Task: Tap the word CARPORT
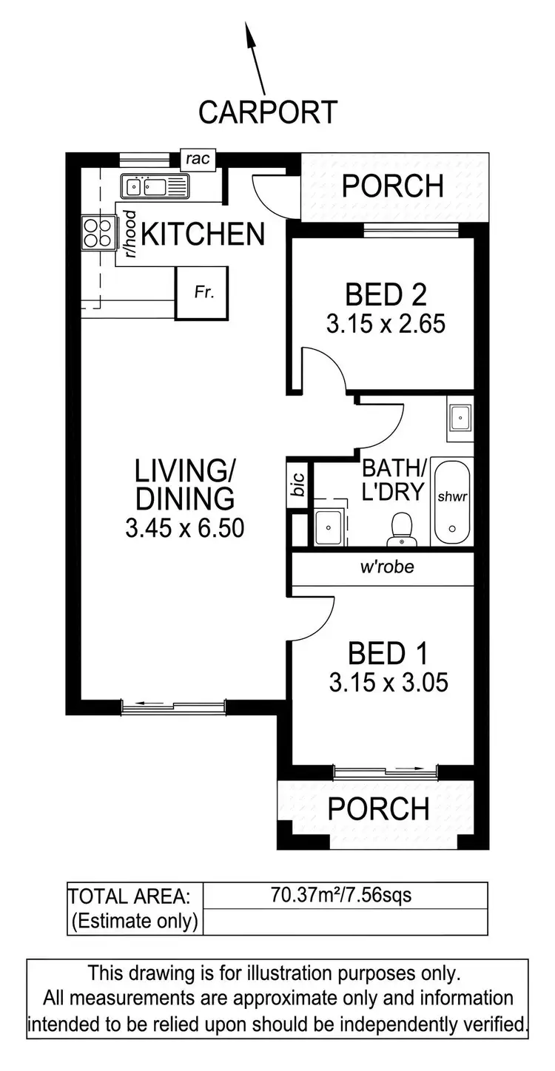(268, 112)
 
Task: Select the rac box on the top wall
(198, 158)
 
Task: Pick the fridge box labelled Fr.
(202, 293)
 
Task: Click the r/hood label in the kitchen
(130, 234)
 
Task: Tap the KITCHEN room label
(203, 234)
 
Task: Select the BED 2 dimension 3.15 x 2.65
(386, 324)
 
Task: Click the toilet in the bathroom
(402, 527)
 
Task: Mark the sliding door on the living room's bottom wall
(174, 709)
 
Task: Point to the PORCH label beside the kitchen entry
(392, 186)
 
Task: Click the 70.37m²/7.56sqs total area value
(342, 896)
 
